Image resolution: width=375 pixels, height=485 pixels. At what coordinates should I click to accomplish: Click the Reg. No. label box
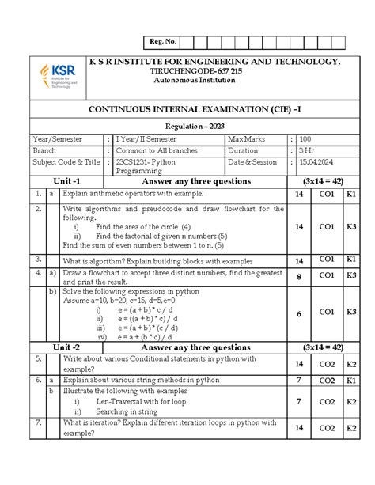161,42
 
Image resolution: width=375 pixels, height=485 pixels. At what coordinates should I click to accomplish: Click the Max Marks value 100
305,139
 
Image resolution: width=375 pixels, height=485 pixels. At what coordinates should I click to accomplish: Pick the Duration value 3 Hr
305,150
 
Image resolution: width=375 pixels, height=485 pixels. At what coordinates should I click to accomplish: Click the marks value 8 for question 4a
298,277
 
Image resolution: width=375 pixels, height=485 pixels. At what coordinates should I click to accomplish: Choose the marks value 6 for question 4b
298,313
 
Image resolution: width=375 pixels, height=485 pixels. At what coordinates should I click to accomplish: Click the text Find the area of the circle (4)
142,226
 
